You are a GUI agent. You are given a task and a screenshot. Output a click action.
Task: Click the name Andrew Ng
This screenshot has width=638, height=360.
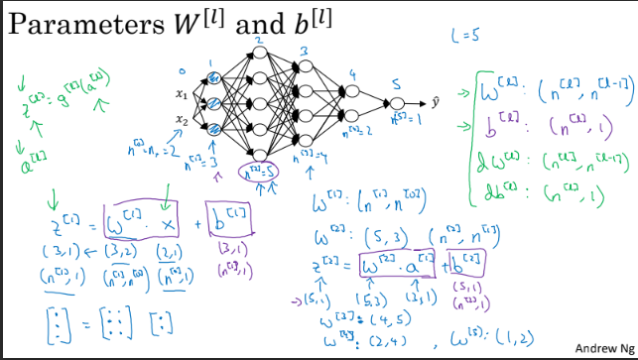click(x=601, y=348)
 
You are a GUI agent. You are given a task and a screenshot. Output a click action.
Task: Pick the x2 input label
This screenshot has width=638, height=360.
click(x=181, y=123)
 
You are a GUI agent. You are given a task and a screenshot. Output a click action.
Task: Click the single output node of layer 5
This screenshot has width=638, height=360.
click(x=397, y=103)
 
